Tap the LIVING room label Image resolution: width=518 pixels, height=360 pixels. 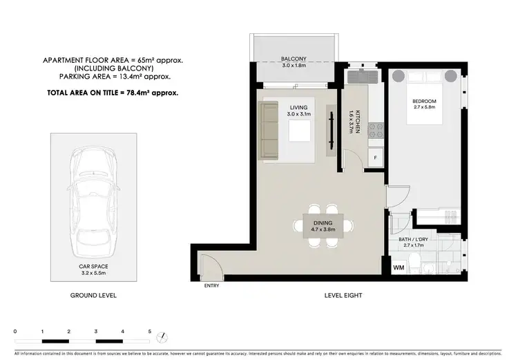pyautogui.click(x=298, y=107)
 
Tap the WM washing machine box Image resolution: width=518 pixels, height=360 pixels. pyautogui.click(x=398, y=267)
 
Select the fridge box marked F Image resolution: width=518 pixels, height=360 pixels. pyautogui.click(x=375, y=158)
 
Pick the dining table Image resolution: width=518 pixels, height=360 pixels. pyautogui.click(x=323, y=225)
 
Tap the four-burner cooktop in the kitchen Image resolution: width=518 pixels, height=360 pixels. pyautogui.click(x=375, y=128)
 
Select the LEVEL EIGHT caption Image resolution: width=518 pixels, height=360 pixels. pyautogui.click(x=343, y=296)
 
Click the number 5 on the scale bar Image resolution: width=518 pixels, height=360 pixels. pyautogui.click(x=149, y=332)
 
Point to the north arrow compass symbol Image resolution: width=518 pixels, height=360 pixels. pyautogui.click(x=162, y=338)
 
